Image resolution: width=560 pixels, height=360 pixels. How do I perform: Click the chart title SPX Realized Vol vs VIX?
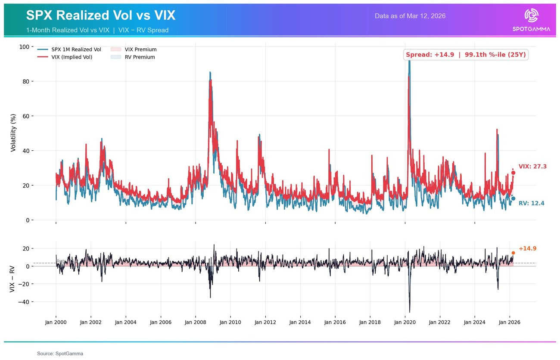(x=100, y=16)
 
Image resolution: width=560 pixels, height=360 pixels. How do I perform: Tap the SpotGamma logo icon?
(x=531, y=16)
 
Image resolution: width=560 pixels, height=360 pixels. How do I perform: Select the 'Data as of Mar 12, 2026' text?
(x=410, y=16)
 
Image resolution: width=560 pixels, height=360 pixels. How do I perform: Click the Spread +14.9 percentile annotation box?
(x=466, y=55)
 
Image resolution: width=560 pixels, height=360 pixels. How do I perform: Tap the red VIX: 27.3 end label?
(x=532, y=167)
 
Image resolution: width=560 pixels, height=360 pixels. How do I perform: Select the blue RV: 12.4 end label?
(x=531, y=203)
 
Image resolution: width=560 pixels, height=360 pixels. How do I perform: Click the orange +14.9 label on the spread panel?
(x=527, y=248)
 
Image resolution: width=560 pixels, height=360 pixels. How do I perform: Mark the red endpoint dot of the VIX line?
(x=513, y=173)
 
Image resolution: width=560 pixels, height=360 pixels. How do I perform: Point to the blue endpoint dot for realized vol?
(x=513, y=199)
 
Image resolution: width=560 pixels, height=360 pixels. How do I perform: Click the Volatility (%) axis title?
(x=13, y=133)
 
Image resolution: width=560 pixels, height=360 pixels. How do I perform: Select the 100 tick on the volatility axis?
(x=25, y=47)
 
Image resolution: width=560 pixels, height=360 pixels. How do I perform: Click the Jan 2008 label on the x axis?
(x=195, y=322)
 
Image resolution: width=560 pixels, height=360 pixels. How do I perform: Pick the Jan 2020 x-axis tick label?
(x=404, y=322)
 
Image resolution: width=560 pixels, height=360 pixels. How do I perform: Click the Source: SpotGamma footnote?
(x=60, y=354)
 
